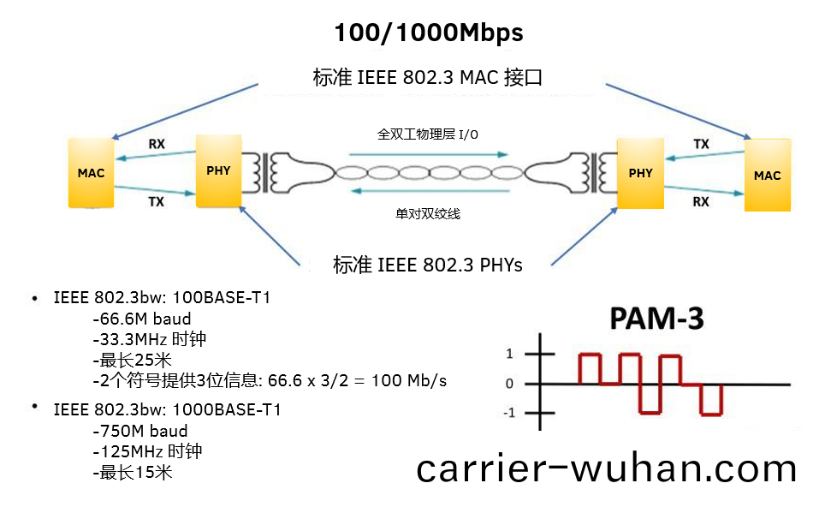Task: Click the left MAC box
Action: pyautogui.click(x=91, y=173)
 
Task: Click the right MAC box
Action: pyautogui.click(x=767, y=176)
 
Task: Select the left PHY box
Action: pyautogui.click(x=218, y=170)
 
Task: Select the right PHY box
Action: pyautogui.click(x=640, y=173)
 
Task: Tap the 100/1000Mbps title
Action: pyautogui.click(x=428, y=33)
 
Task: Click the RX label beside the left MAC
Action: pyautogui.click(x=157, y=144)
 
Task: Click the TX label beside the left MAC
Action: pyautogui.click(x=157, y=202)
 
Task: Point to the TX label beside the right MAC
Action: pyautogui.click(x=701, y=144)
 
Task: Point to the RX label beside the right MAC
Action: pyautogui.click(x=701, y=202)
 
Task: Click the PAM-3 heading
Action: pyautogui.click(x=656, y=319)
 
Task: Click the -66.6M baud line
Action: pyautogui.click(x=140, y=319)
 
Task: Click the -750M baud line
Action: pyautogui.click(x=139, y=431)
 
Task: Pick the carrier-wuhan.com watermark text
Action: pyautogui.click(x=607, y=468)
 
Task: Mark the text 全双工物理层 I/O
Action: pyautogui.click(x=428, y=134)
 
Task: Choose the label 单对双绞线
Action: pyautogui.click(x=428, y=213)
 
